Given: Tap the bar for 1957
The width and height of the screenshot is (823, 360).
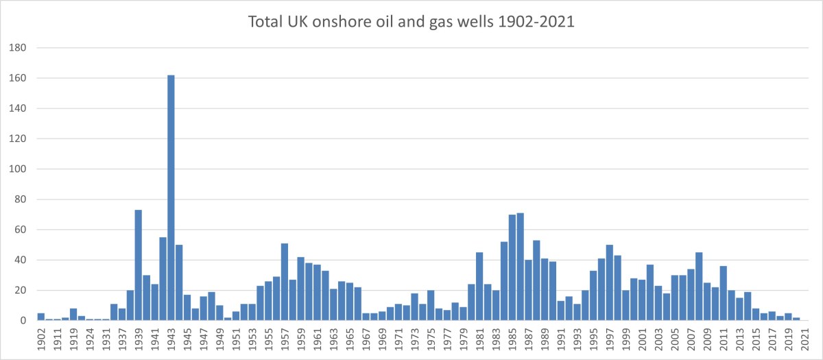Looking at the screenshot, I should pyautogui.click(x=285, y=281).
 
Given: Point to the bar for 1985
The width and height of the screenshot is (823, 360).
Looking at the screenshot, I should pyautogui.click(x=512, y=267).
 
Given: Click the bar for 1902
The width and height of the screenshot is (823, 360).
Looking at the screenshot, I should pyautogui.click(x=41, y=317).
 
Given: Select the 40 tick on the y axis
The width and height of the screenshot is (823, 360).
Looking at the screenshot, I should pyautogui.click(x=21, y=260).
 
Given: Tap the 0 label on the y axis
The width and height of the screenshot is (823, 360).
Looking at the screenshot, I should pyautogui.click(x=24, y=321).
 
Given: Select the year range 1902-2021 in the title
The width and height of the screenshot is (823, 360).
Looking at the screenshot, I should pyautogui.click(x=530, y=22).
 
